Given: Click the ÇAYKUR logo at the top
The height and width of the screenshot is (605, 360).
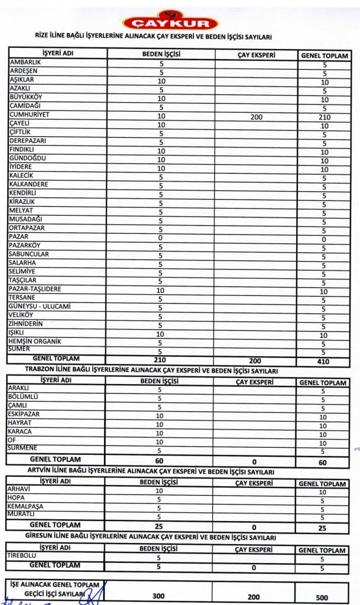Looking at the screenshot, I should click(170, 22).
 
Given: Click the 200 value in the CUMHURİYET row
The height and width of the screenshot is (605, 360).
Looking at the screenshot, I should click(256, 117).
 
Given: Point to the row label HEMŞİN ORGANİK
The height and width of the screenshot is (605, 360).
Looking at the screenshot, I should click(35, 341).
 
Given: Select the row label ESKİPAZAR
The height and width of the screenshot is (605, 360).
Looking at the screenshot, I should click(24, 414).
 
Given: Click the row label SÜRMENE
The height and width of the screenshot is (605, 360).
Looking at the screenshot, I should click(23, 448).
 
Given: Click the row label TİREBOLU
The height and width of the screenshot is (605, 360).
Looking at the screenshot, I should click(22, 556).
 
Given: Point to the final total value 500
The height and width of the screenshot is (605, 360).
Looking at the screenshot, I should click(322, 597).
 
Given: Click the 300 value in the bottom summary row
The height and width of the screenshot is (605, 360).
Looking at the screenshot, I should click(158, 596).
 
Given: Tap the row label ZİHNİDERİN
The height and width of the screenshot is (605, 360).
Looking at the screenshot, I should click(27, 324).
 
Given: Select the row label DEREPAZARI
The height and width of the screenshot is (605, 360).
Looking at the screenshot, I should click(27, 141).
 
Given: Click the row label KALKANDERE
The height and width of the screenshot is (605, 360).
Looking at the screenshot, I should click(28, 184).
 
